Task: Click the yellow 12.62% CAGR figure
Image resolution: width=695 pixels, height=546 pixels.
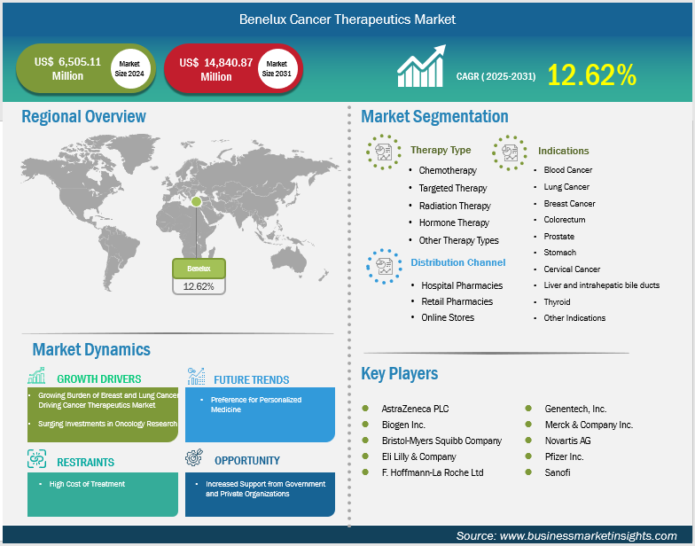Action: coord(592,74)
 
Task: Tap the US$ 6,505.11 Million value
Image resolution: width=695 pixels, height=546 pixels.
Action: coord(67,69)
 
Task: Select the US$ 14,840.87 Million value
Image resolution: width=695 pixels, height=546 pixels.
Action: coord(216,69)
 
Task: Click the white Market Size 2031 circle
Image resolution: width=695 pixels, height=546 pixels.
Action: coord(277,69)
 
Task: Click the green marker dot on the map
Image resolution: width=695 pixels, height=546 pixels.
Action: coord(197,202)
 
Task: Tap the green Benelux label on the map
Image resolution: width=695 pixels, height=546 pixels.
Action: coord(199,269)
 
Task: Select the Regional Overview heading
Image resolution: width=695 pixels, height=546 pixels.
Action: coord(83,117)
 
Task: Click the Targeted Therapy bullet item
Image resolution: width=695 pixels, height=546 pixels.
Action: coord(452,188)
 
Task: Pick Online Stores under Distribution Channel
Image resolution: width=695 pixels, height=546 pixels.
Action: coord(448,317)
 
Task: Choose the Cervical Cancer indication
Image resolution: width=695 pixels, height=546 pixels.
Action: coord(572,269)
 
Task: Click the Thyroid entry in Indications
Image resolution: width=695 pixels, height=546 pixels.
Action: coord(557,301)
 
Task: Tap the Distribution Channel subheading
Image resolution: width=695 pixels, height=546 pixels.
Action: coord(457,262)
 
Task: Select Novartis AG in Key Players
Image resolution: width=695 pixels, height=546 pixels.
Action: coord(567,441)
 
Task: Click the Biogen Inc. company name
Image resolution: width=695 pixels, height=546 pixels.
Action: coord(403,425)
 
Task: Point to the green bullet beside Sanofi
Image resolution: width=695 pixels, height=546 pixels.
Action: coord(528,472)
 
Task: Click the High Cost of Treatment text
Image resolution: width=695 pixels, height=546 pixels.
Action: coord(87,484)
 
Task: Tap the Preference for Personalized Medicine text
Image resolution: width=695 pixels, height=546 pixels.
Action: coord(255,404)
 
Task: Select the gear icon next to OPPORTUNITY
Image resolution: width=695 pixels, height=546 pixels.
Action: coord(194,457)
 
